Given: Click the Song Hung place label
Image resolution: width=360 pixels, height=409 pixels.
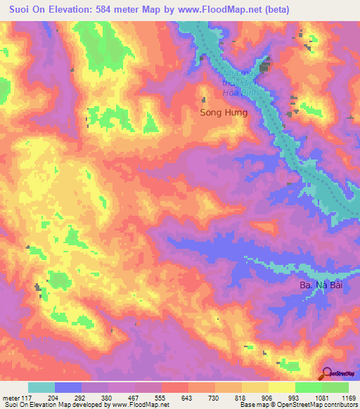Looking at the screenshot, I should (x=224, y=112).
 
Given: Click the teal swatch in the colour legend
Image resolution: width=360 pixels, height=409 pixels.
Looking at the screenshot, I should (x=41, y=387).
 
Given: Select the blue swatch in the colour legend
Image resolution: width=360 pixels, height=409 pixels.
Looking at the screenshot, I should (x=68, y=387).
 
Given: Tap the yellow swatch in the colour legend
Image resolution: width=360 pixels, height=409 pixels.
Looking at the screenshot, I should (x=282, y=387).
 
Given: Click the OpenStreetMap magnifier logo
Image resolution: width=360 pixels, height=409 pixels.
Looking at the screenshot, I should (x=327, y=373).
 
